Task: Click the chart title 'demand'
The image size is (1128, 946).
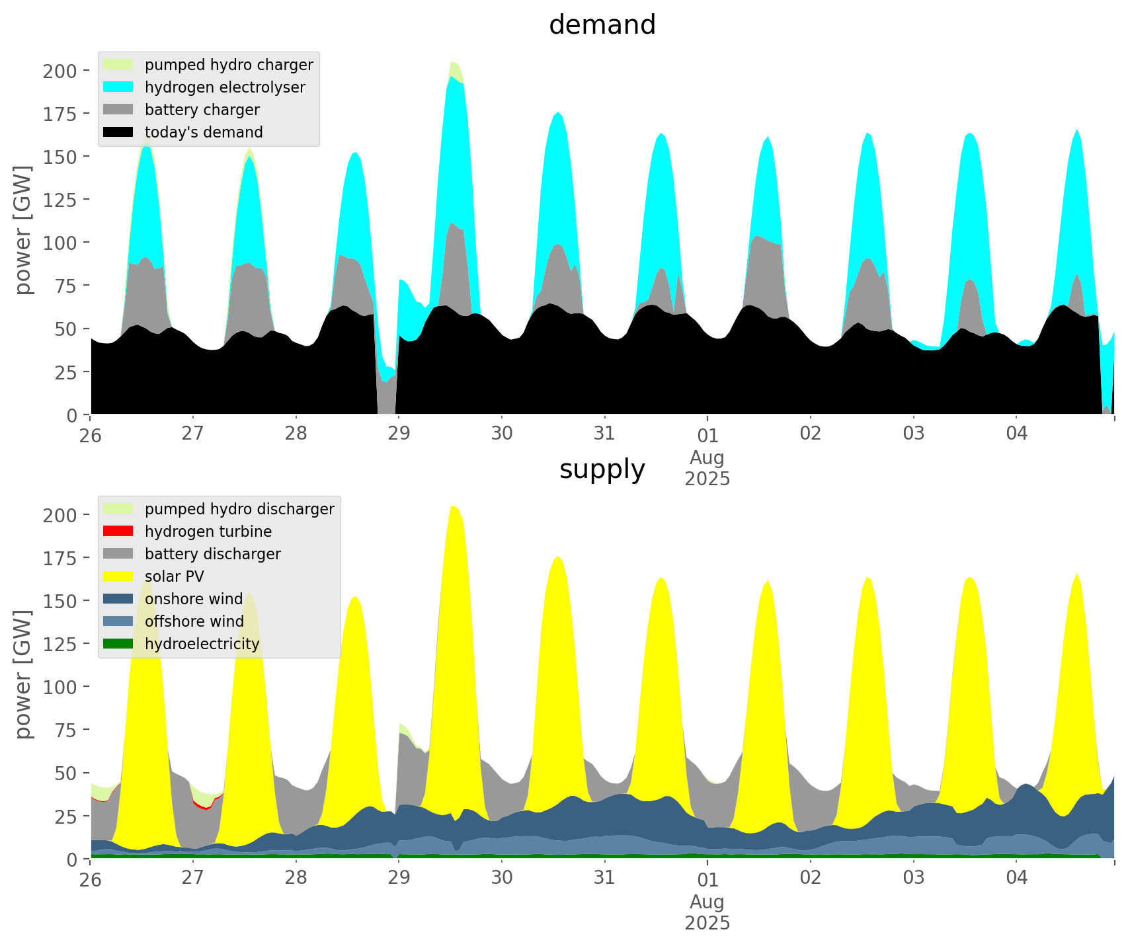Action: click(602, 25)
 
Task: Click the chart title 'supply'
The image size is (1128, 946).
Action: click(602, 469)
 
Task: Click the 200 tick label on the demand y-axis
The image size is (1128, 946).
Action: click(60, 71)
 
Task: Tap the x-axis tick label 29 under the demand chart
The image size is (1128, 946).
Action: click(399, 434)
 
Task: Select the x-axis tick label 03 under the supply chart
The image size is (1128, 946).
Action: click(913, 878)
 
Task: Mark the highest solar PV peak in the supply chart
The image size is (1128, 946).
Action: click(454, 507)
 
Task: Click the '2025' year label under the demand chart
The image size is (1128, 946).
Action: click(707, 479)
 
